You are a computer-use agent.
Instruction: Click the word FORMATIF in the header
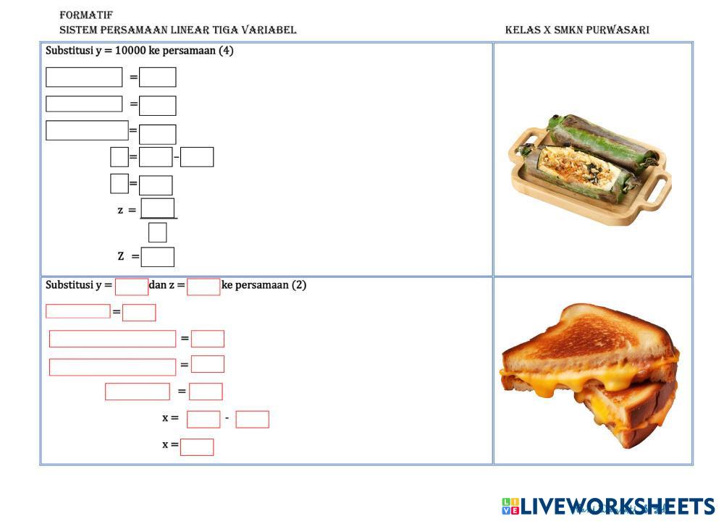86,14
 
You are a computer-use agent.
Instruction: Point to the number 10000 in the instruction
130,51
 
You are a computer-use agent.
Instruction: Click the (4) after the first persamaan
226,51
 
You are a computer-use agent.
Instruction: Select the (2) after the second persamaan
299,285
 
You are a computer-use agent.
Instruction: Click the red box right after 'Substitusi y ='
132,287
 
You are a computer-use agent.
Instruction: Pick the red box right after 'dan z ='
203,287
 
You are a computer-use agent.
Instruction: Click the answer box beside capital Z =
157,257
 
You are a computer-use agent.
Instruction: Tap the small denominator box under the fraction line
157,232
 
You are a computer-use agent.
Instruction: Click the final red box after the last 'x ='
197,447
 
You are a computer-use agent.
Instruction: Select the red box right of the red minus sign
252,420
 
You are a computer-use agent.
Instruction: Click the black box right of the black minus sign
197,157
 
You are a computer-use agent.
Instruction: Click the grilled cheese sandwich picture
589,375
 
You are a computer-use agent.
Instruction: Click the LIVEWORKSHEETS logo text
618,507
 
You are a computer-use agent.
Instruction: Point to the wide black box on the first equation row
84,77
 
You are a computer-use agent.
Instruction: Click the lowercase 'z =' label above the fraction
127,211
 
